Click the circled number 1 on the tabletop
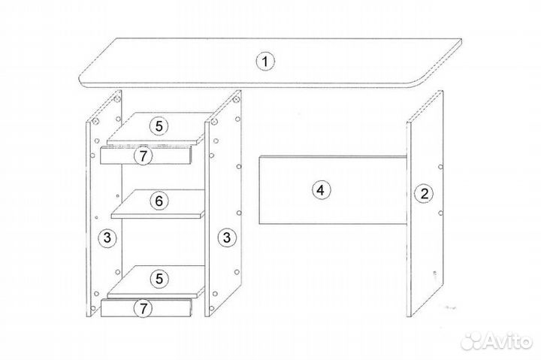[x=264, y=62]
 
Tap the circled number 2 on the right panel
[x=424, y=193]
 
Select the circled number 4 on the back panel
[x=321, y=190]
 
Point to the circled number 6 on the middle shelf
[x=159, y=201]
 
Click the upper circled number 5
[x=159, y=126]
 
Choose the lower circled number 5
[x=159, y=278]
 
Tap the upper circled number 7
[x=143, y=156]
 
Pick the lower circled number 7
[x=143, y=308]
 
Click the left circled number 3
[x=107, y=237]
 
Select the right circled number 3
[x=226, y=237]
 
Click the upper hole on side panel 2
[x=440, y=167]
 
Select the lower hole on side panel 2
[x=440, y=213]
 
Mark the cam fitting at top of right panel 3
[x=237, y=100]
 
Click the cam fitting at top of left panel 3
[x=117, y=99]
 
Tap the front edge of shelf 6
[x=158, y=216]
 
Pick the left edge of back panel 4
[x=259, y=190]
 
